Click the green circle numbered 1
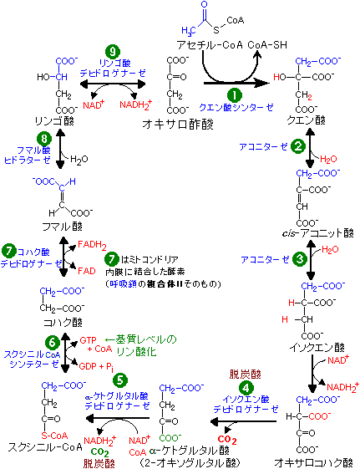click(x=235, y=94)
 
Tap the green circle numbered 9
click(x=113, y=52)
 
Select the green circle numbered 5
click(x=120, y=380)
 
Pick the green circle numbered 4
click(x=246, y=388)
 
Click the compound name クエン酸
click(x=306, y=120)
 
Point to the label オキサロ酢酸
click(x=178, y=124)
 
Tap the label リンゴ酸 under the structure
click(x=54, y=121)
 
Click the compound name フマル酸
click(x=62, y=227)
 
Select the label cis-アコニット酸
click(x=318, y=233)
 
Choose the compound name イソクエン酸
click(x=317, y=347)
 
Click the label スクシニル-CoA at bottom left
click(x=45, y=447)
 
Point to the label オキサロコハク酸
click(x=313, y=462)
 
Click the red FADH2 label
click(x=92, y=245)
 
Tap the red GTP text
click(x=89, y=340)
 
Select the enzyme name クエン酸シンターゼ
click(x=236, y=107)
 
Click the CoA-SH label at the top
click(x=267, y=45)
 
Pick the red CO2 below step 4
click(x=227, y=440)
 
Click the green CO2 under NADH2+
click(x=99, y=451)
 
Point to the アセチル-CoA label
click(x=210, y=45)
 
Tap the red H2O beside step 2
click(x=328, y=159)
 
